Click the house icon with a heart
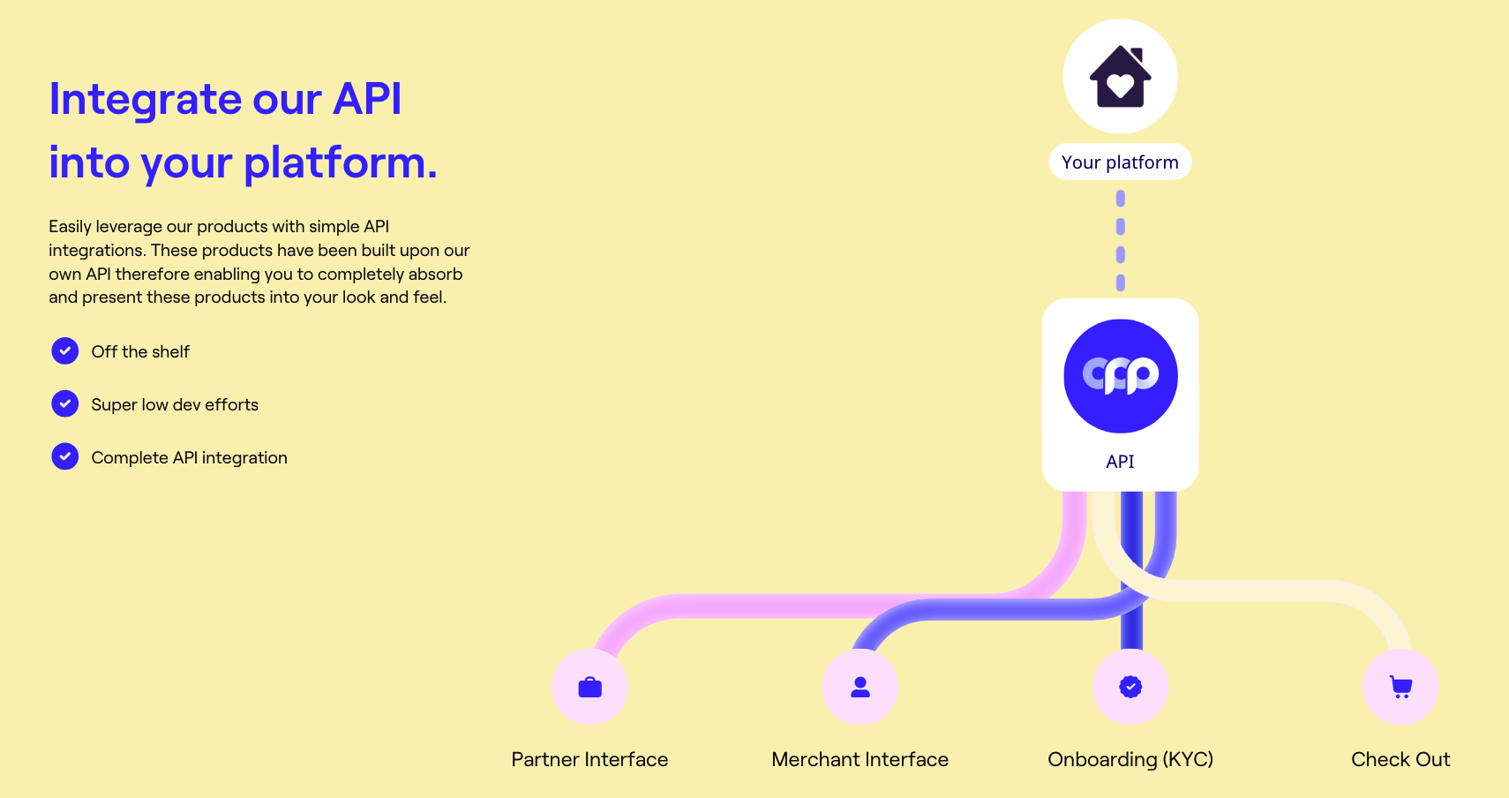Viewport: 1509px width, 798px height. pyautogui.click(x=1120, y=77)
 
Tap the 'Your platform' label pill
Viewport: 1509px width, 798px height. pyautogui.click(x=1120, y=162)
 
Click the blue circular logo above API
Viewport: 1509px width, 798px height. pyautogui.click(x=1121, y=376)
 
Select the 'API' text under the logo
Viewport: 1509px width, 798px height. pyautogui.click(x=1120, y=462)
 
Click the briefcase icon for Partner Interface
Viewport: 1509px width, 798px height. pyautogui.click(x=589, y=687)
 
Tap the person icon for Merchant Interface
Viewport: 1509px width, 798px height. pyautogui.click(x=860, y=687)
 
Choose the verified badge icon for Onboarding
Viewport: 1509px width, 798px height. pyautogui.click(x=1130, y=687)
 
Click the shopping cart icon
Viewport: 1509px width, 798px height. pyautogui.click(x=1400, y=687)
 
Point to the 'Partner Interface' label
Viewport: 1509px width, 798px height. pyautogui.click(x=589, y=759)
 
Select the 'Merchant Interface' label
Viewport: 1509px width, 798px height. pyautogui.click(x=860, y=759)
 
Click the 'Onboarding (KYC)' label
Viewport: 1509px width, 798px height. pyautogui.click(x=1130, y=759)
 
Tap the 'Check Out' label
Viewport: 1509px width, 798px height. pyautogui.click(x=1400, y=759)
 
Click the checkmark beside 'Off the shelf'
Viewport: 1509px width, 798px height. pyautogui.click(x=65, y=351)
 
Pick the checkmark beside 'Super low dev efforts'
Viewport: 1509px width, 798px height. pyautogui.click(x=65, y=404)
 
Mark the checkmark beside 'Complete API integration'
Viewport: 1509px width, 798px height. pyautogui.click(x=65, y=457)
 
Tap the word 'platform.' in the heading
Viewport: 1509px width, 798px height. pyautogui.click(x=340, y=163)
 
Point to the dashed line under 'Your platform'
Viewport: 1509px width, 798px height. pyautogui.click(x=1121, y=240)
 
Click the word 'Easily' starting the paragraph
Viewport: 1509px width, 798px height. pyautogui.click(x=70, y=227)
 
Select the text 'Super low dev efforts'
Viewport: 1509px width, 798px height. pyautogui.click(x=175, y=405)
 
